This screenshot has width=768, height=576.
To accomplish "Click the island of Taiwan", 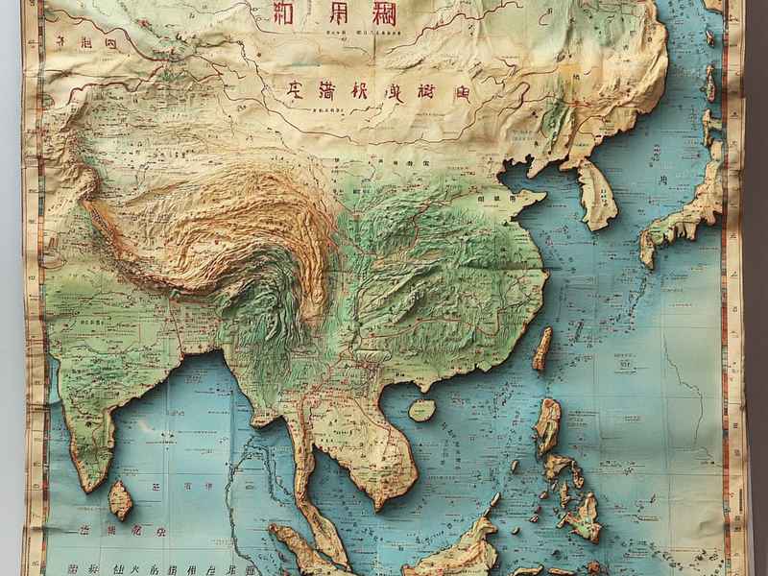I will click(x=542, y=348).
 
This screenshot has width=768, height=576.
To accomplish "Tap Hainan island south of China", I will click(x=421, y=410).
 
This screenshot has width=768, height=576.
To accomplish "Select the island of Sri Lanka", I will click(x=120, y=500).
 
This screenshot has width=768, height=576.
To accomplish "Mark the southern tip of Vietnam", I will click(x=379, y=505).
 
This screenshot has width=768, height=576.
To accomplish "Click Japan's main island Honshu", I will click(x=686, y=211).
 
